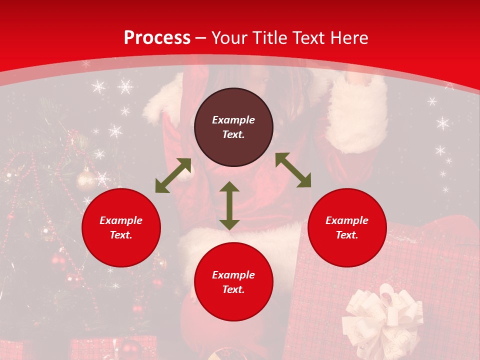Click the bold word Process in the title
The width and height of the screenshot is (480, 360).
(x=157, y=38)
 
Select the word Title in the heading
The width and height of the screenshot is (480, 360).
(x=269, y=38)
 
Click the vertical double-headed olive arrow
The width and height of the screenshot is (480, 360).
(x=229, y=205)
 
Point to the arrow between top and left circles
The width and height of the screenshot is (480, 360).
(x=173, y=175)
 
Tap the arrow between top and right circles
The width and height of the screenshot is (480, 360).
(x=293, y=170)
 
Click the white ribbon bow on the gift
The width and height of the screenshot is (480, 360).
(x=381, y=315)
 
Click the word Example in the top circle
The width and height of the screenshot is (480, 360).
(x=233, y=120)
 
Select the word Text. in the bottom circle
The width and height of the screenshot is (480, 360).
(x=233, y=289)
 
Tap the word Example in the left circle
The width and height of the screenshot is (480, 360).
(x=121, y=220)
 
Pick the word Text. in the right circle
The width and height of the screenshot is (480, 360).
(x=347, y=235)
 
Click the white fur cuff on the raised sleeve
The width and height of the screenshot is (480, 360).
(x=356, y=115)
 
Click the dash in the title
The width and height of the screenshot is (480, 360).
(x=201, y=38)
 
